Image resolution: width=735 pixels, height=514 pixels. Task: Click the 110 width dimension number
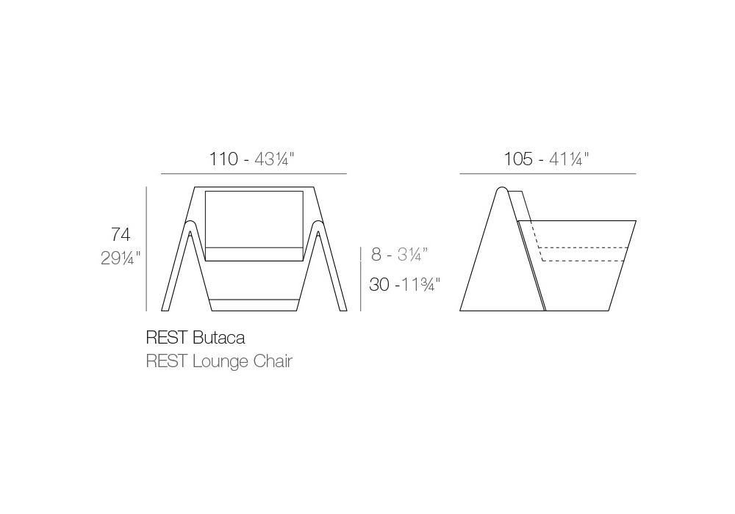(223, 159)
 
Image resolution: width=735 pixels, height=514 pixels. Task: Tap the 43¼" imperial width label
(274, 159)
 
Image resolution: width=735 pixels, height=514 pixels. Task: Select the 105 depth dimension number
(518, 159)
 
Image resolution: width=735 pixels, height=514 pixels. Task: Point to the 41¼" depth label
(569, 159)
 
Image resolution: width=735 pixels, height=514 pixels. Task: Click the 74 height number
(121, 234)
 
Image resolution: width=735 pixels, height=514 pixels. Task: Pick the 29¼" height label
(121, 258)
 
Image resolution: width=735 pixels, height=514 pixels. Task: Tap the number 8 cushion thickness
(376, 254)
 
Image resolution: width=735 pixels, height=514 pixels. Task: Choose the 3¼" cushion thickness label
(412, 254)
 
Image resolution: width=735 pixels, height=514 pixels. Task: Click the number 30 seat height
(379, 285)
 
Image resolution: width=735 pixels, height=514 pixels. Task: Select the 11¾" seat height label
(420, 285)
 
